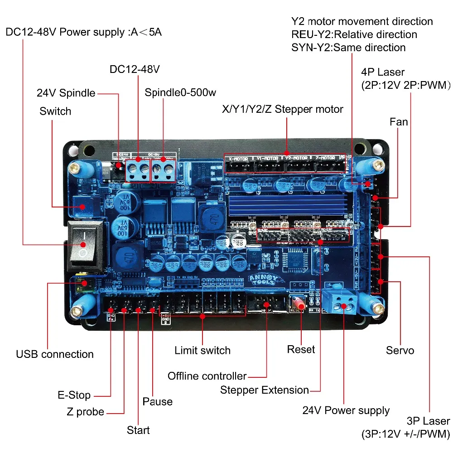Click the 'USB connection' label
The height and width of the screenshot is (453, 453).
pos(54,354)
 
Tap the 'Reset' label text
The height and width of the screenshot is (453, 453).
pos(301,349)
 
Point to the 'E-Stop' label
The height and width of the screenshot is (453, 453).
pos(74,395)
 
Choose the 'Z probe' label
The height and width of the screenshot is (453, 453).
pos(85,412)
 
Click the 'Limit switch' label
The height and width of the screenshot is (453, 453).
pos(202,350)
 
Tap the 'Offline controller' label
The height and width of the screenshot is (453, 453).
pos(207,376)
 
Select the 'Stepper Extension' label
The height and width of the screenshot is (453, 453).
pos(265,390)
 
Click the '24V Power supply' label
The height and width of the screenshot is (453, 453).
pos(346,410)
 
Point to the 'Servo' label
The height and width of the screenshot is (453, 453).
pos(400,350)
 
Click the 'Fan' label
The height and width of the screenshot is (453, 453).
pos(399,122)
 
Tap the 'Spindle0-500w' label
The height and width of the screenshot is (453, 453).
pos(180,93)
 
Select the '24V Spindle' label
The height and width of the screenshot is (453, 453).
pos(66,93)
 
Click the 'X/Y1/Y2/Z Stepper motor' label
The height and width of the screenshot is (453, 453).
pos(282,109)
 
